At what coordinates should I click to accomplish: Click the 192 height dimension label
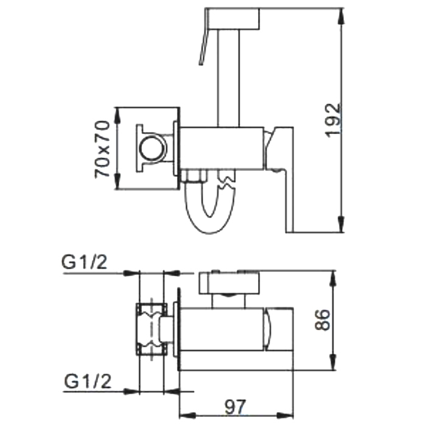coord(333,120)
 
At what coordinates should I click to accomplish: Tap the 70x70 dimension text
coord(102,149)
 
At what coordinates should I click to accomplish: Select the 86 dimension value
coord(322,319)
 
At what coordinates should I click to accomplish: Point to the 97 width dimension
coord(236,407)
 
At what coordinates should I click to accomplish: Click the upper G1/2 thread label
coord(85,262)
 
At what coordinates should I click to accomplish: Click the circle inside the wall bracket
coord(152,148)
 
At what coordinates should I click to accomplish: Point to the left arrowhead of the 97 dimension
coord(187,416)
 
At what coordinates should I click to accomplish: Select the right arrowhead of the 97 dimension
coord(285,416)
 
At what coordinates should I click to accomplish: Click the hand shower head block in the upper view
coord(232,19)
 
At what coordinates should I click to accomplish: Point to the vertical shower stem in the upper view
coord(228,79)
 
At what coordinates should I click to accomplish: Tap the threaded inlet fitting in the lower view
coord(152,329)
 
